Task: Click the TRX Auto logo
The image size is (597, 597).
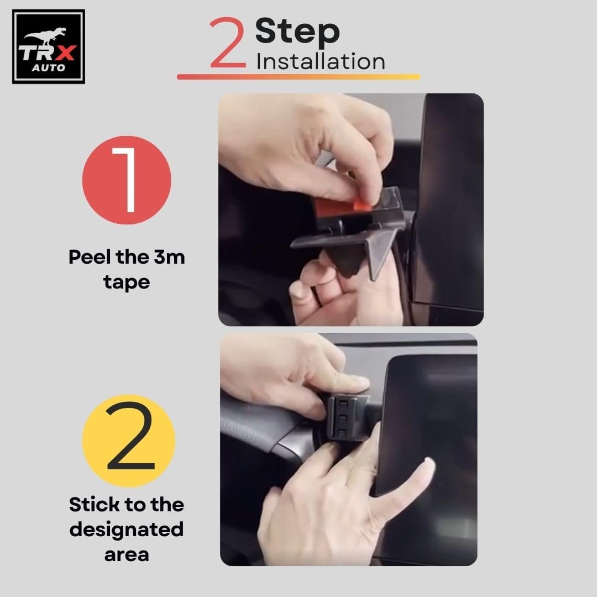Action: click(x=48, y=46)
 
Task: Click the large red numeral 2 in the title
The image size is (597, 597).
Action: click(x=227, y=43)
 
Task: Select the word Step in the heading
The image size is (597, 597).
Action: click(x=297, y=32)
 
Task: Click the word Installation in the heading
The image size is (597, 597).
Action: click(x=321, y=62)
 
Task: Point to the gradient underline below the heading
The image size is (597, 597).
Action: click(x=298, y=76)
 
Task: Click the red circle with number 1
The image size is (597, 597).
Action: click(x=127, y=180)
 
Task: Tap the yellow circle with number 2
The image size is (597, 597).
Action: click(x=129, y=441)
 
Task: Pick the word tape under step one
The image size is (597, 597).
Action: click(x=127, y=283)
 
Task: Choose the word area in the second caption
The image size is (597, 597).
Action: click(x=127, y=555)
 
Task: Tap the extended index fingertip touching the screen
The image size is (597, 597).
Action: click(x=428, y=464)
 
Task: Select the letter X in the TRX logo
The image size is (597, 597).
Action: click(x=65, y=53)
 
